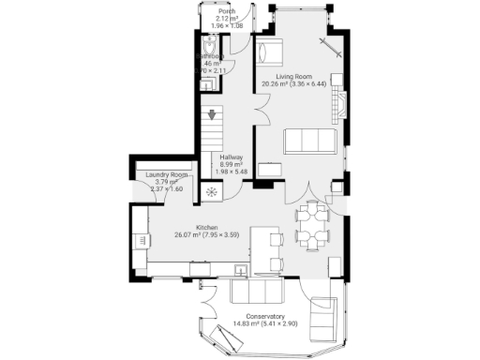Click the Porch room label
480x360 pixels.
click(x=226, y=11)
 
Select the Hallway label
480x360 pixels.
click(x=231, y=157)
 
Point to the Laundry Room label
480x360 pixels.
click(x=166, y=175)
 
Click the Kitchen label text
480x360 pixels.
click(x=207, y=228)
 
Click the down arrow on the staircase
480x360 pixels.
click(x=213, y=116)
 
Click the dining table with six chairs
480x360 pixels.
click(x=312, y=225)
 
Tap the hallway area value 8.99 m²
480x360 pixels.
click(x=231, y=164)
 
